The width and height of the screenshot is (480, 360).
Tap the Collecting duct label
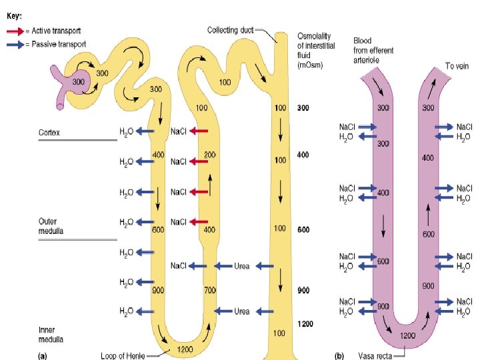pos(230,30)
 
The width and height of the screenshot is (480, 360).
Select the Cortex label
pos(49,133)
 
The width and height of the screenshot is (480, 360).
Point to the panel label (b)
pos(340,355)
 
